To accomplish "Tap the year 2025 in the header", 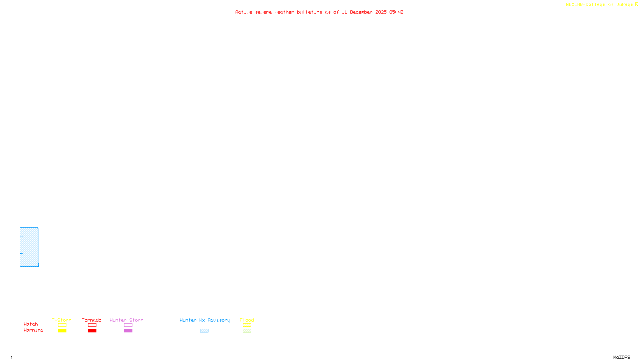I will tap(381, 12).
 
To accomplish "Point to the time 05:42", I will tap(396, 12).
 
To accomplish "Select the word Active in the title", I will tap(244, 12).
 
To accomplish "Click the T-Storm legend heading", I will tap(62, 320).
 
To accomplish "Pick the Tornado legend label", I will tap(92, 320).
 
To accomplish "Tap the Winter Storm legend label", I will tap(126, 320).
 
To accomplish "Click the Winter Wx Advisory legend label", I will tap(205, 320).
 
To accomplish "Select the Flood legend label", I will tap(247, 320).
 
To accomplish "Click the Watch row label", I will tap(31, 324).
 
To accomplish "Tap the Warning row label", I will tap(34, 330).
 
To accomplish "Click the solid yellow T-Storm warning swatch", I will tap(62, 331).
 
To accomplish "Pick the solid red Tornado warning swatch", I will tap(92, 331).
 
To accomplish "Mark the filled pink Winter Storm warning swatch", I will tap(128, 331).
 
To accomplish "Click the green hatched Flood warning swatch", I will tap(247, 331).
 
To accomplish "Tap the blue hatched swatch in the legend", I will tap(204, 331).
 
